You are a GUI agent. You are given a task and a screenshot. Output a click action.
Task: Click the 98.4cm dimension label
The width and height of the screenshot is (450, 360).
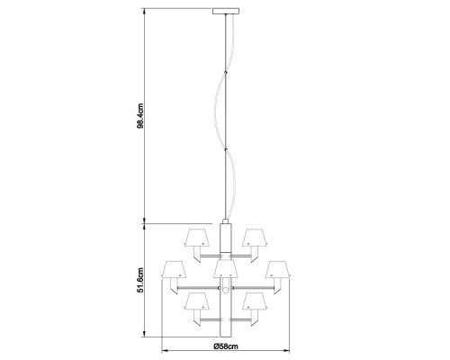[140, 116]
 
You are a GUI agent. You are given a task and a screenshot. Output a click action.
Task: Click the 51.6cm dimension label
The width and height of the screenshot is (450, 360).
[140, 280]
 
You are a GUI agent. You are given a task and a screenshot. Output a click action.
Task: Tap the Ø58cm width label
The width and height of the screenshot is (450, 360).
[226, 346]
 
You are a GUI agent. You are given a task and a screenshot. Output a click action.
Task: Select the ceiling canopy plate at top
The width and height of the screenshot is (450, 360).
[226, 11]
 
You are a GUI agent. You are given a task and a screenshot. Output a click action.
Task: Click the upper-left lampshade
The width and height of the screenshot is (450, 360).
[197, 238]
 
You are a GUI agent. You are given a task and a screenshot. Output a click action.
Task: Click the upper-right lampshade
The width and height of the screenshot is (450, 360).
[255, 238]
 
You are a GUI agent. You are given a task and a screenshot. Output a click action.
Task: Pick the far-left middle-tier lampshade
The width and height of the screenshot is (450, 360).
[174, 269]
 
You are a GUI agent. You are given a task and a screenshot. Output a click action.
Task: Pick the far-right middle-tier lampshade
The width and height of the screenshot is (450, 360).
[277, 269]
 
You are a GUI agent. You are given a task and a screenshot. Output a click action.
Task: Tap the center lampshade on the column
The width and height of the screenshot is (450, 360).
[226, 269]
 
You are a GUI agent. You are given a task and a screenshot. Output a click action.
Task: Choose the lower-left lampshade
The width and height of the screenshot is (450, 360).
[197, 301]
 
